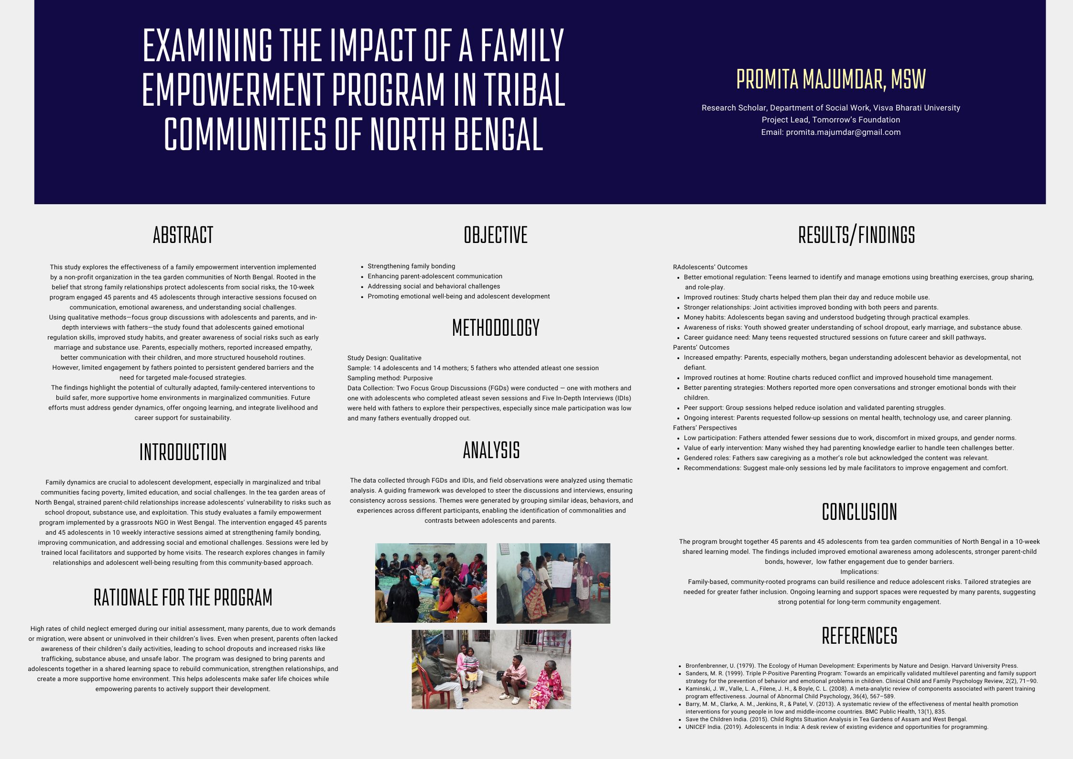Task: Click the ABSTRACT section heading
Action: tap(183, 235)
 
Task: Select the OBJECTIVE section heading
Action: tap(496, 235)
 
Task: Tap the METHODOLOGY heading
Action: tap(496, 328)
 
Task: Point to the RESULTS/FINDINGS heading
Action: tap(856, 235)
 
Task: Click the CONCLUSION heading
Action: tap(859, 512)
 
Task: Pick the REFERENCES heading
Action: tap(859, 636)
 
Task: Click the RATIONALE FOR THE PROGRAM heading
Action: tap(183, 597)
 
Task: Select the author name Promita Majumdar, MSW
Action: tap(831, 79)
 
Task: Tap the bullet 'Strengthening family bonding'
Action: tap(411, 266)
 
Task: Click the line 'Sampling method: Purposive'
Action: tap(390, 378)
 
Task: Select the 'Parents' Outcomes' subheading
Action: tap(701, 348)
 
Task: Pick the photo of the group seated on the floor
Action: tap(431, 583)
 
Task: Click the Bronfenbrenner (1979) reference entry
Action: tap(851, 666)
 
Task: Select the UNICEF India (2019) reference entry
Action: tap(836, 727)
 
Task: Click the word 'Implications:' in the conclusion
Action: tap(859, 572)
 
